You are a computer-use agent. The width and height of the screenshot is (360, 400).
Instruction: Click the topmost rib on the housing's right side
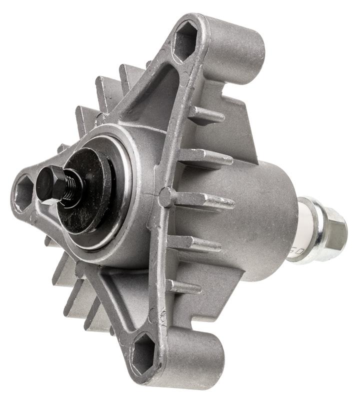(207, 116)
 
